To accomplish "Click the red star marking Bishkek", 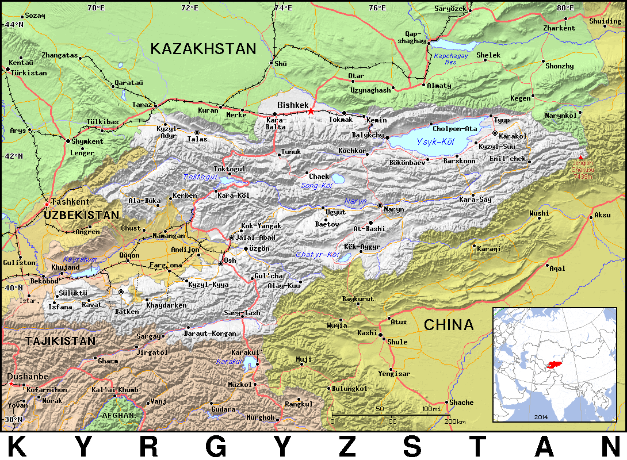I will pyautogui.click(x=311, y=111).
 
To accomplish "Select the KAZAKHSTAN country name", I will pyautogui.click(x=203, y=49).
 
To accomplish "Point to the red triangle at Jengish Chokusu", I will pyautogui.click(x=580, y=158).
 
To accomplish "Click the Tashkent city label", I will pyautogui.click(x=70, y=202).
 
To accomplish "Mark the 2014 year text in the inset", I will pyautogui.click(x=541, y=416).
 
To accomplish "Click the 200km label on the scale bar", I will pyautogui.click(x=455, y=422).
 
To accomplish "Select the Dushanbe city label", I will pyautogui.click(x=28, y=377).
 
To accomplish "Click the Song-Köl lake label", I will pyautogui.click(x=317, y=185).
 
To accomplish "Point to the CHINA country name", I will pyautogui.click(x=449, y=325).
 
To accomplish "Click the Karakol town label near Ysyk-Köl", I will pyautogui.click(x=513, y=136).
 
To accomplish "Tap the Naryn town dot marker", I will pyautogui.click(x=379, y=205).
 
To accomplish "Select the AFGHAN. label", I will pyautogui.click(x=118, y=415).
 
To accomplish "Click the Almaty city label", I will pyautogui.click(x=439, y=86).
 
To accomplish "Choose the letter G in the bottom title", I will pyautogui.click(x=213, y=446).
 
